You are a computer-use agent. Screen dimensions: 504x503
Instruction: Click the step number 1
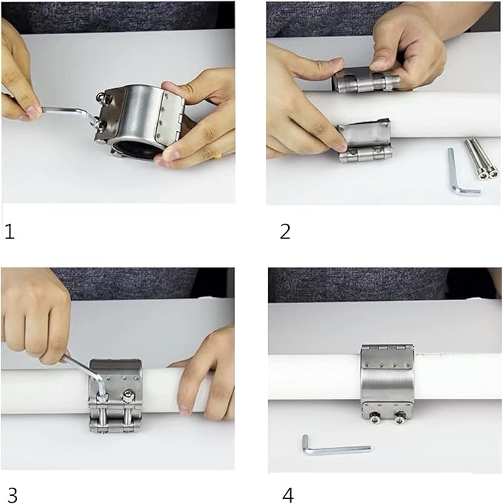point(9,232)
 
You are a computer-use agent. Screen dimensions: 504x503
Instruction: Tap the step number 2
point(284,232)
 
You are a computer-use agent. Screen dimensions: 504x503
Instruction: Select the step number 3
point(11,494)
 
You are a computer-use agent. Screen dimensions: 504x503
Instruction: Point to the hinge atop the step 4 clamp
point(386,348)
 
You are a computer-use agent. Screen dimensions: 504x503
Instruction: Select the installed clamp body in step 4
point(387,382)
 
